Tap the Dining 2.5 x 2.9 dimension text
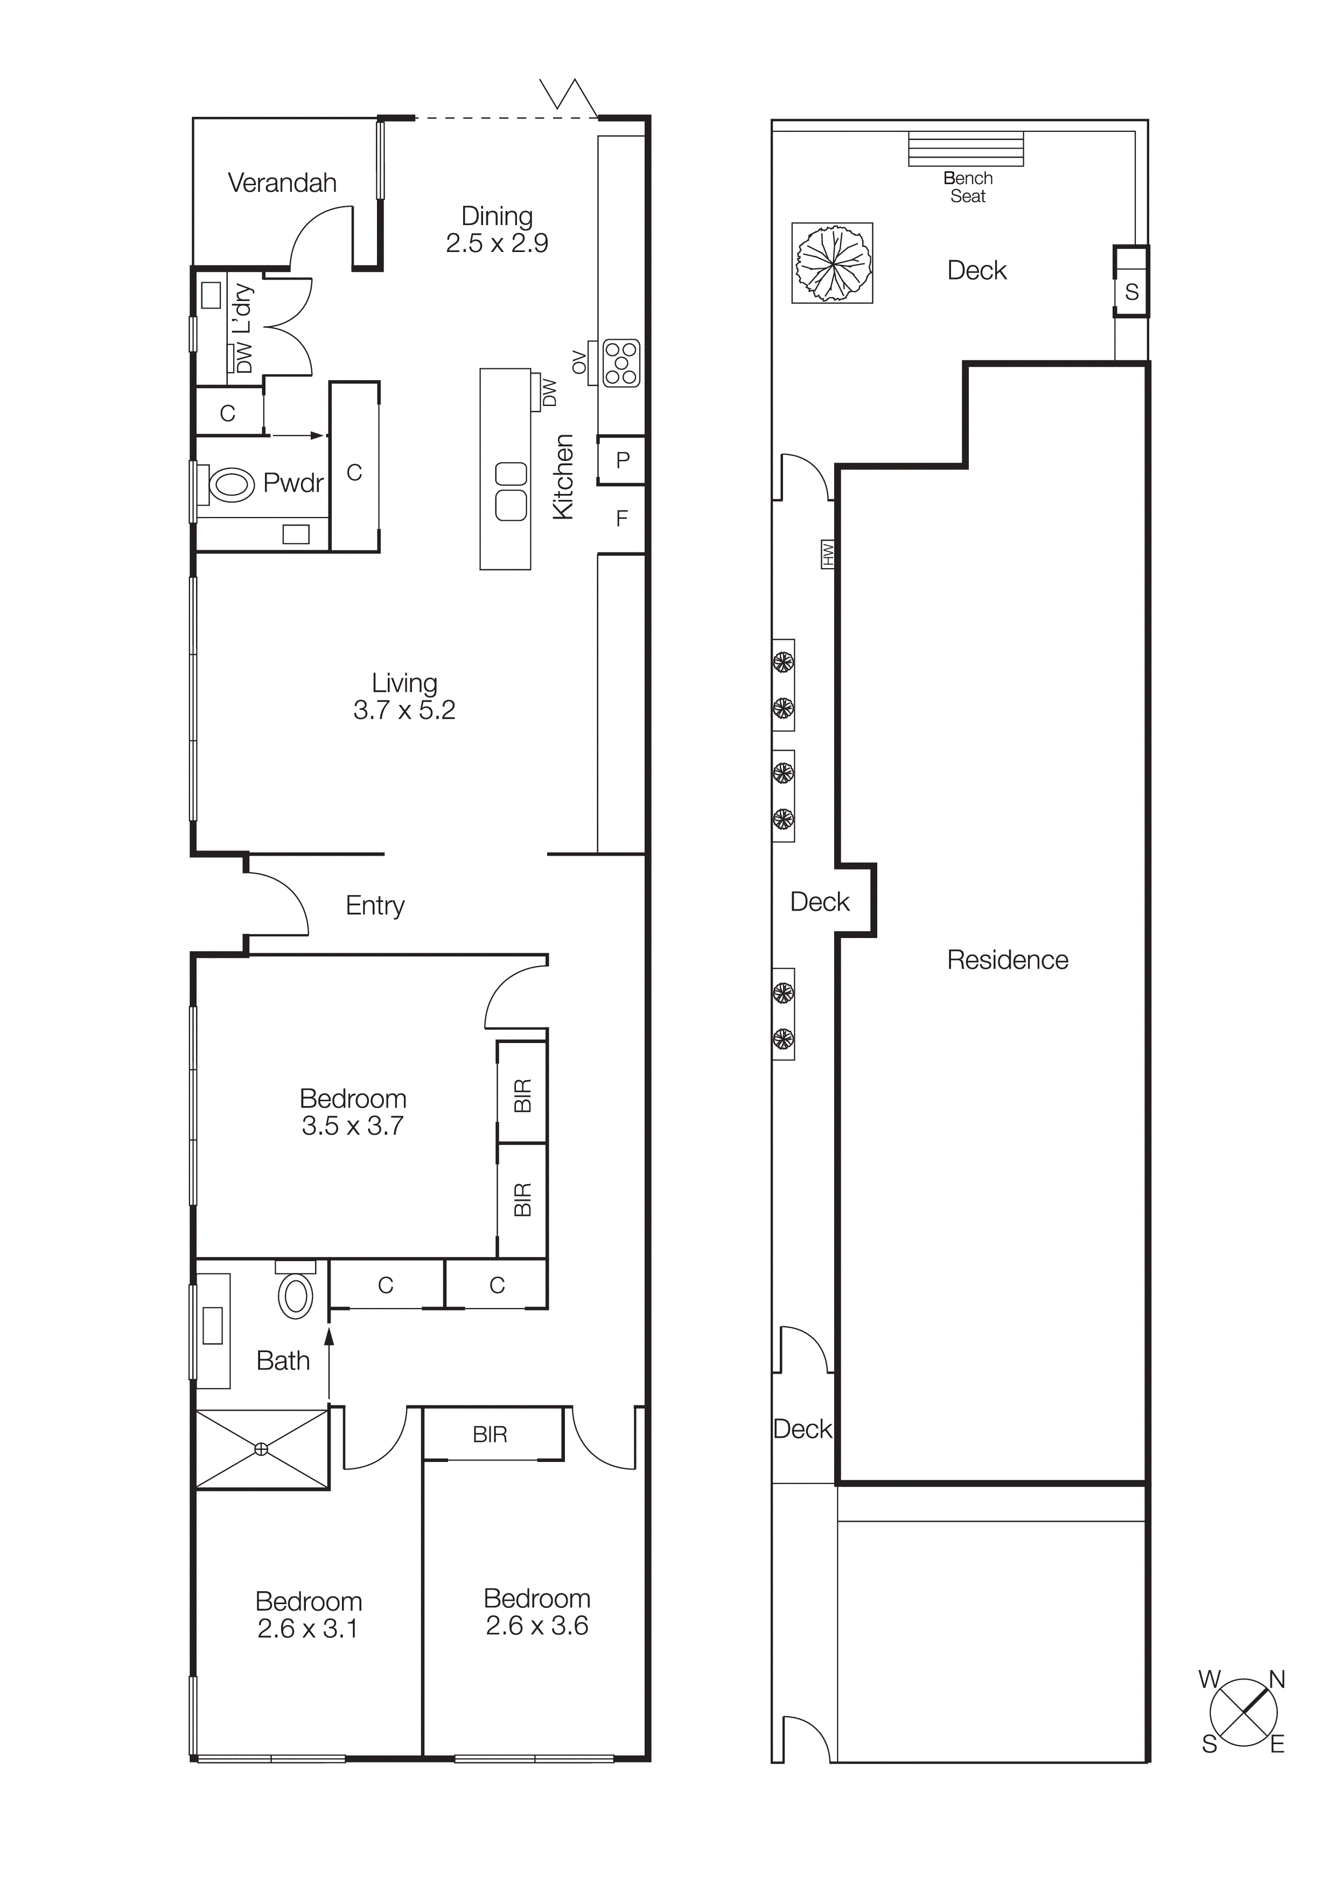tap(497, 243)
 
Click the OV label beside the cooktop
tap(579, 362)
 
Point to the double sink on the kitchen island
tap(511, 491)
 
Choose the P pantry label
tap(623, 460)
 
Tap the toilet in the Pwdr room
tap(230, 485)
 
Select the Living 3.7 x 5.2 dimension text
tap(404, 709)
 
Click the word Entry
tap(375, 905)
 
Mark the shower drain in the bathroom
tap(262, 1449)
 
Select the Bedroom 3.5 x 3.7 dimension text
tap(353, 1125)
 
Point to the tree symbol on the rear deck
tap(833, 262)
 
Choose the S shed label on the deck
tap(1132, 291)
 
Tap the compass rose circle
tap(1243, 1712)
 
